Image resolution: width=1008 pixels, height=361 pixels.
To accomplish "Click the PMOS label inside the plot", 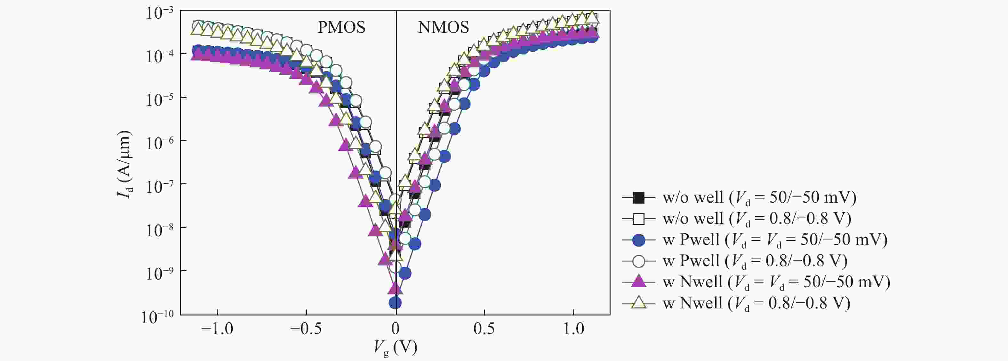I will point(341,27).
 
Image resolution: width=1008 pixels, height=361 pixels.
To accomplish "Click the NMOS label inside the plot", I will point(443,27).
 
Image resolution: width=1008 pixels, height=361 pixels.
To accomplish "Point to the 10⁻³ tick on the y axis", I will point(160,13).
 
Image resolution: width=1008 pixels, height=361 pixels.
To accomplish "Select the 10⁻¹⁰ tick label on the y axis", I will point(158,317).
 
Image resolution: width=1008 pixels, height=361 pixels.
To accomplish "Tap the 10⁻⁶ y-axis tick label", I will point(160,143).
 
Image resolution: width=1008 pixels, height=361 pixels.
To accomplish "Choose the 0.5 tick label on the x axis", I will point(484,329).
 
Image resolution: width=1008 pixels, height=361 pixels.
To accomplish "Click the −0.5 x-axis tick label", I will point(306,329).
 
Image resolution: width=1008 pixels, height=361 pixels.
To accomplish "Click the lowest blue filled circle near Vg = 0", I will point(395,302).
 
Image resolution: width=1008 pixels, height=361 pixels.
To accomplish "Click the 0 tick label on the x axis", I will point(395,329).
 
